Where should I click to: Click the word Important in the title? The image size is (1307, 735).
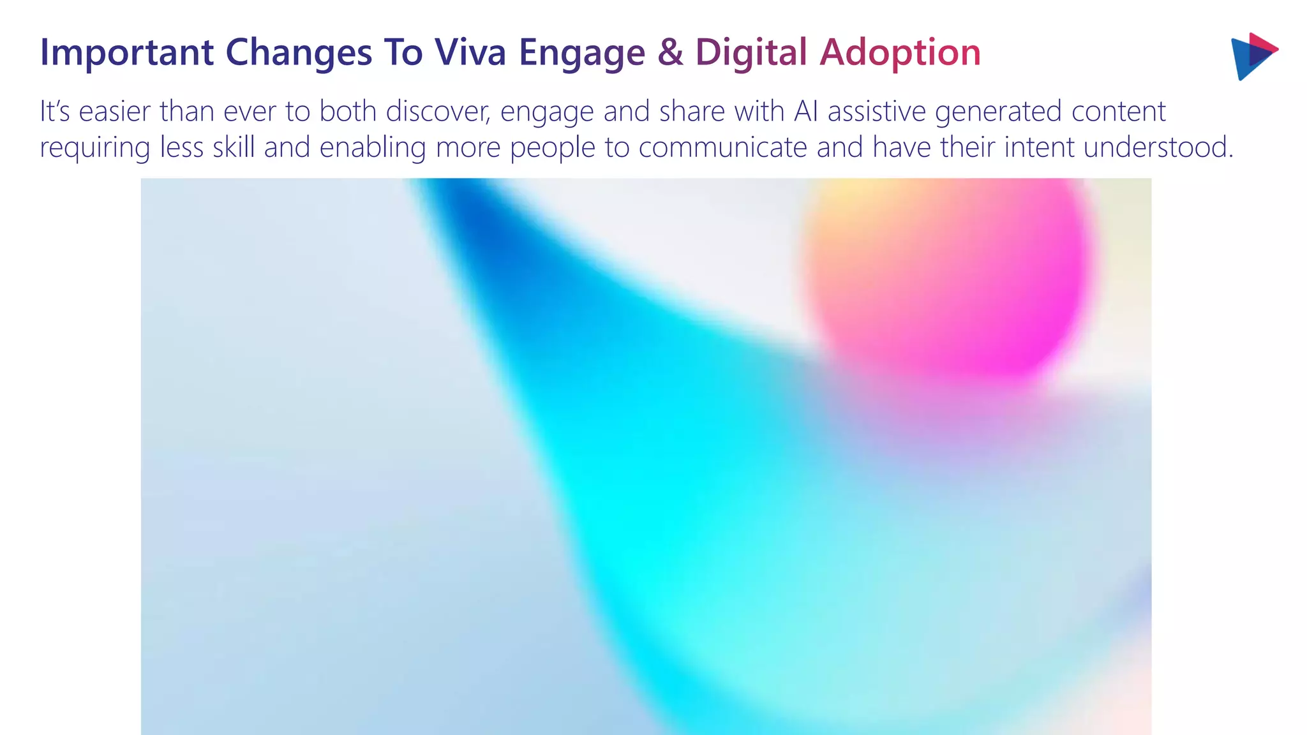point(126,52)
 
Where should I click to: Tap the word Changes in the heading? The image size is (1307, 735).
point(299,52)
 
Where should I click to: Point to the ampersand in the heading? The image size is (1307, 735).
point(670,52)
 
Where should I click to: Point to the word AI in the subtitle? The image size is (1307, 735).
point(806,112)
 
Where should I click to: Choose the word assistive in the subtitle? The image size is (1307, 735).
point(877,112)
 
